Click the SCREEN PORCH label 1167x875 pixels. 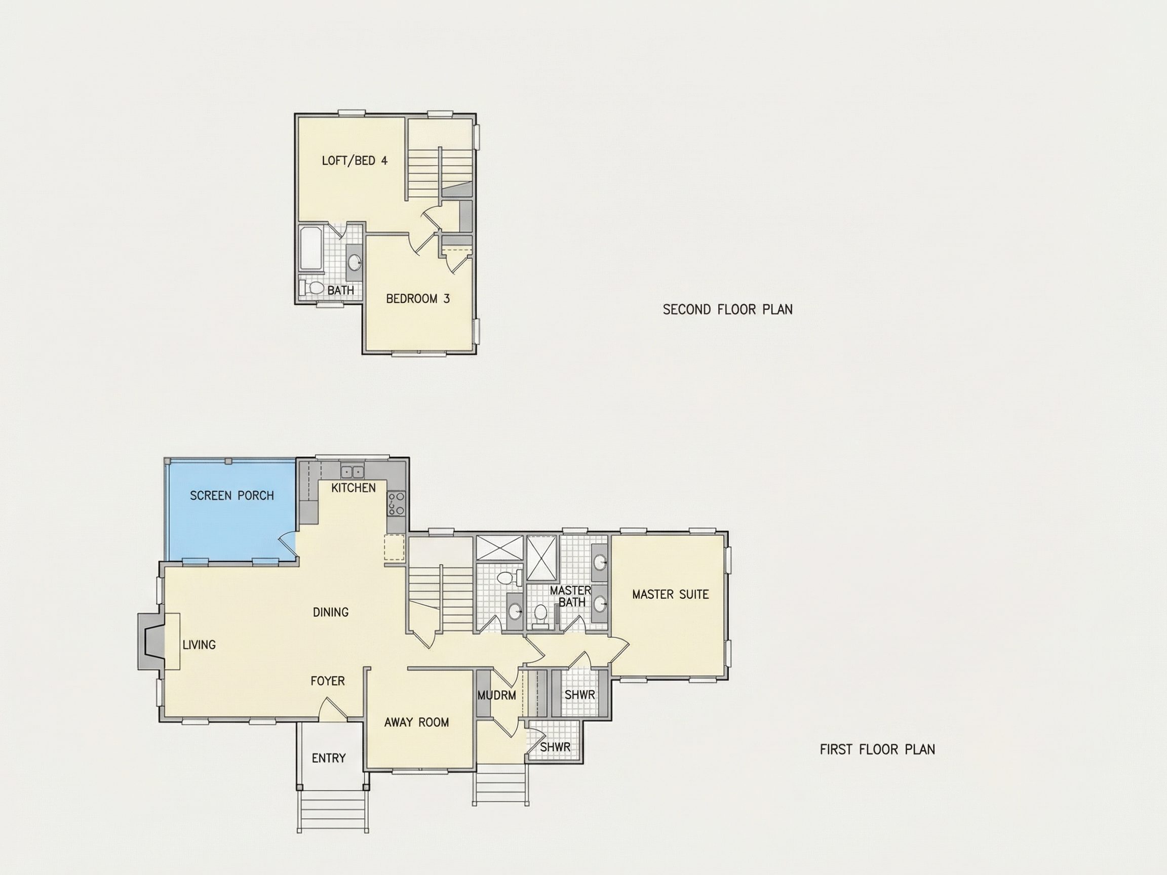(231, 496)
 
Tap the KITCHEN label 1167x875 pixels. (354, 488)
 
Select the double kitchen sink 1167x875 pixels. (352, 471)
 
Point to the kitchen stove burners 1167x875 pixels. (396, 503)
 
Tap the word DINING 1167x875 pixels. (331, 612)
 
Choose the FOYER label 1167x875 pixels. (328, 681)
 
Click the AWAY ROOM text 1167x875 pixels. (417, 723)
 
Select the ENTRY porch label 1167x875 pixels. (329, 759)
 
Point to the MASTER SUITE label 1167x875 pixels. (671, 594)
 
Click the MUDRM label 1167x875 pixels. (496, 695)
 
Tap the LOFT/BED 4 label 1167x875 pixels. (355, 161)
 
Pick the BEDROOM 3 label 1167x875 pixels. (418, 299)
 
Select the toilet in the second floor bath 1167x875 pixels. (312, 288)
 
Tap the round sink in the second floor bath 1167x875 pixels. (355, 262)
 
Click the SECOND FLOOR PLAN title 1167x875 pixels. (727, 309)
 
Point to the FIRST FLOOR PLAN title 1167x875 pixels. (877, 749)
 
